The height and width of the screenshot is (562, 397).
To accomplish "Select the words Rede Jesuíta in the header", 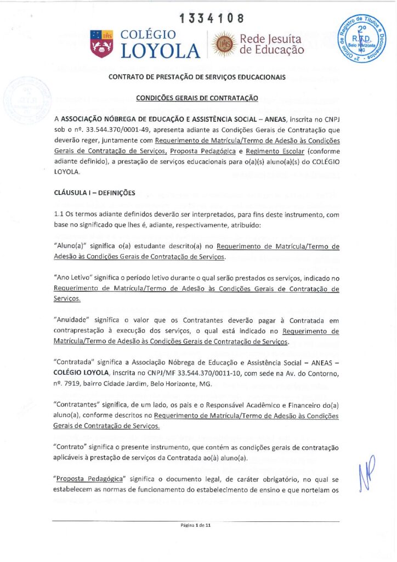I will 271,39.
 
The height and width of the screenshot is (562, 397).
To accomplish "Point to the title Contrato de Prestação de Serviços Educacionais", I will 197,77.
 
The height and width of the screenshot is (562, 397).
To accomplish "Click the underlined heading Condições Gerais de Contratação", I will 197,98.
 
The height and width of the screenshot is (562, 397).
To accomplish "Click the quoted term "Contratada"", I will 75,362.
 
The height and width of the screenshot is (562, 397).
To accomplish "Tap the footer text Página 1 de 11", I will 199,525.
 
